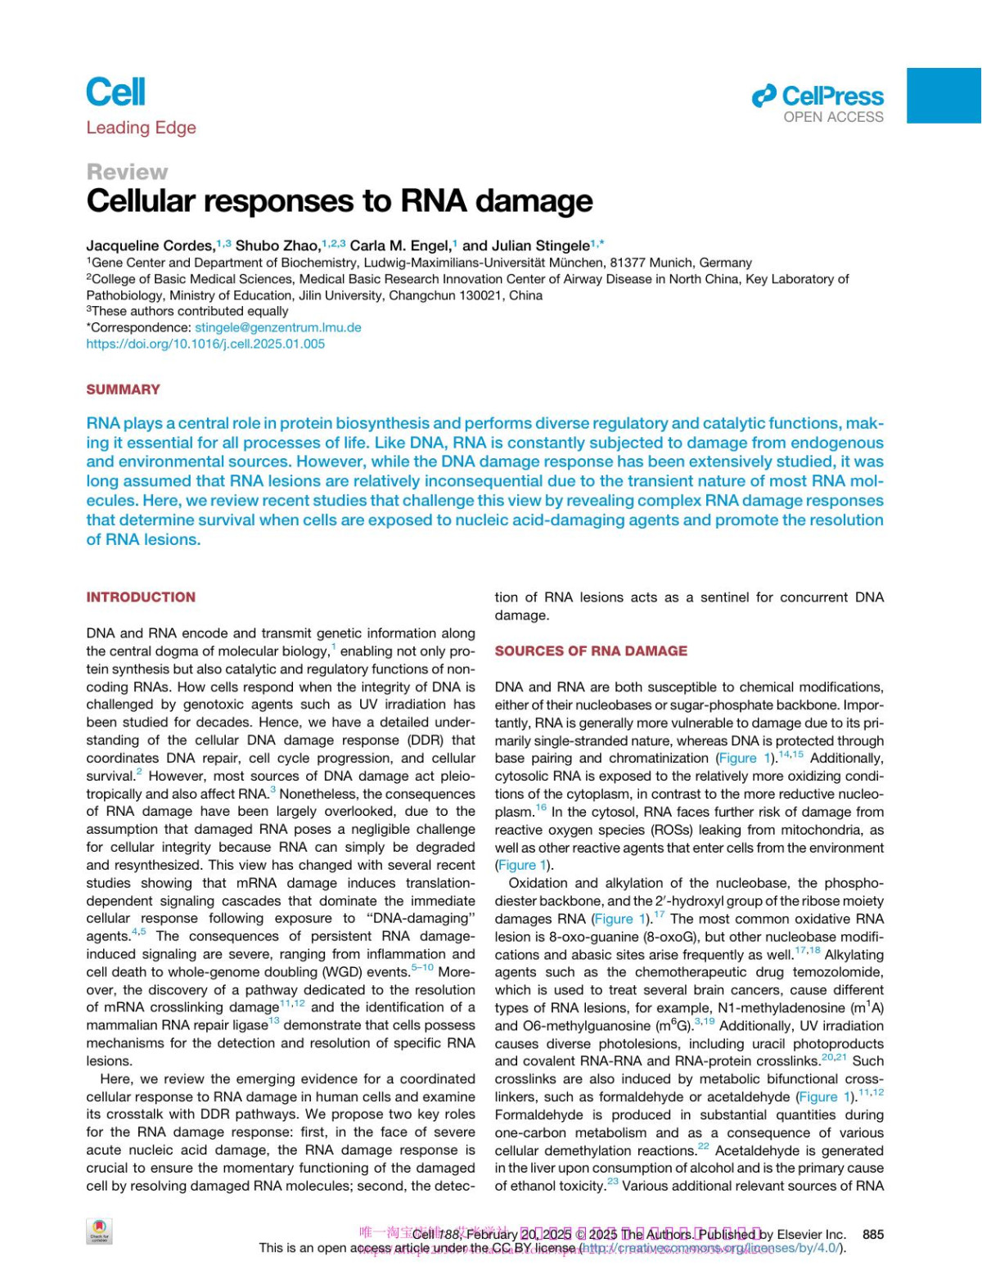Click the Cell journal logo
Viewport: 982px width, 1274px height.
(115, 92)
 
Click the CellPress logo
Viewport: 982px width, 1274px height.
(818, 97)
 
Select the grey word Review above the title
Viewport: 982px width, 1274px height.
(127, 172)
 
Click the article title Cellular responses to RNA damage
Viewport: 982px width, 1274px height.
(340, 201)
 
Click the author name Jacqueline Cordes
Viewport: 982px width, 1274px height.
(150, 245)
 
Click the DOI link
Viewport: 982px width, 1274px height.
(205, 344)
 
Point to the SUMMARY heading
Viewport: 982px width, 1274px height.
(123, 389)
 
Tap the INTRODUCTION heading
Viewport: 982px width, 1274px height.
(141, 597)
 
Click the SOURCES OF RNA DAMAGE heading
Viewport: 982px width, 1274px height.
(591, 651)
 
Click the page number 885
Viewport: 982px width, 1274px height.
(873, 1234)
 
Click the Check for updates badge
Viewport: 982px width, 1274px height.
(99, 1231)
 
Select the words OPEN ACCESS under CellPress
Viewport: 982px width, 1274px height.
(833, 117)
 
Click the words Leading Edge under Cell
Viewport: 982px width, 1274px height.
(141, 128)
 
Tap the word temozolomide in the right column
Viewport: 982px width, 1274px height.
(843, 972)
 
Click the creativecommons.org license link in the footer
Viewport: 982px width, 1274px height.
(712, 1248)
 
